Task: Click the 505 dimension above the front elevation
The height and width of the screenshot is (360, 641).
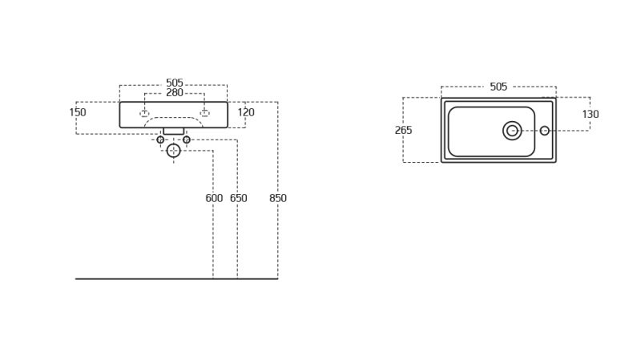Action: pos(174,83)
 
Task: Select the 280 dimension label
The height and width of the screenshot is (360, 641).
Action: pos(174,93)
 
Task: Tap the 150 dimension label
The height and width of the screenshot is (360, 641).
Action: pos(78,112)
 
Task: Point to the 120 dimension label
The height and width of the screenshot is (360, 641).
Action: pos(246,112)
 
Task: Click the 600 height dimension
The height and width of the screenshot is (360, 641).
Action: pos(214,198)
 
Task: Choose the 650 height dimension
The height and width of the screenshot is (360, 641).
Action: pos(238,198)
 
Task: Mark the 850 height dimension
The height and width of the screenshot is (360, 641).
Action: pos(278,198)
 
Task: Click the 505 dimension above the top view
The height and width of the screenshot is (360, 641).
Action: pos(498,87)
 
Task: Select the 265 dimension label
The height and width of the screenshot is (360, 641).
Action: pos(404,130)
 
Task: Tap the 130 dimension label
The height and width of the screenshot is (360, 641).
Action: pos(591,115)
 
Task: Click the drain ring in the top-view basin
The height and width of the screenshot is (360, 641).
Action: pos(512,131)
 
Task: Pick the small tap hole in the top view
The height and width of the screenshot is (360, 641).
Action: pos(545,131)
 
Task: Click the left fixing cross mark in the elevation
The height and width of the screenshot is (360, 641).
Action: pos(144,113)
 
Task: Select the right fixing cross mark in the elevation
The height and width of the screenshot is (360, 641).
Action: pos(204,113)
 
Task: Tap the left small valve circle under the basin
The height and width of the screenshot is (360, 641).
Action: pos(160,140)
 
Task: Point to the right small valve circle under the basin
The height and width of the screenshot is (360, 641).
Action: pos(187,140)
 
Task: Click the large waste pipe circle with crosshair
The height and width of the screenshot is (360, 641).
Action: pos(173,151)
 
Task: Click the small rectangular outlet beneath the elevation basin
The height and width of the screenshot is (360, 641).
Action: pos(173,131)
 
